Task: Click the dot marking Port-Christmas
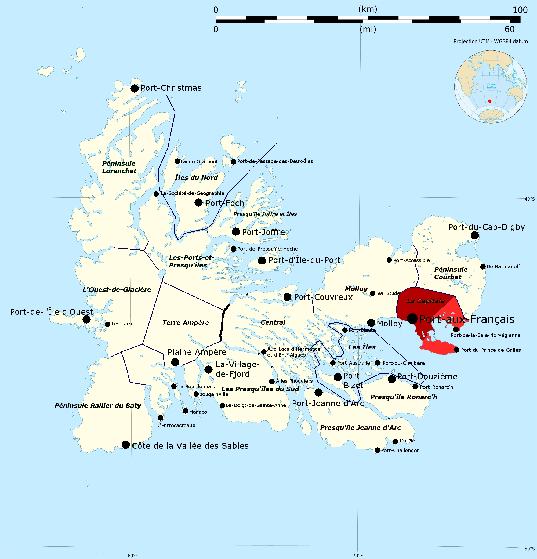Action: coord(135,88)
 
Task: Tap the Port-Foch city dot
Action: coord(198,203)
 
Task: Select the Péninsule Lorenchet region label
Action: coord(119,167)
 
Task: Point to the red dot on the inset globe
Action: coord(490,101)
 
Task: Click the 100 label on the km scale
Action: coord(520,10)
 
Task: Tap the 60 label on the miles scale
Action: coord(509,29)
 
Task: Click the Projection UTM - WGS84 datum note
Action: coord(491,41)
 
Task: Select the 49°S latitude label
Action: coord(529,199)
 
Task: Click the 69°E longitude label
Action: coord(133,556)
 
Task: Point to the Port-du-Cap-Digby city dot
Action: coord(475,235)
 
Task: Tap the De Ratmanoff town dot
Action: coord(483,267)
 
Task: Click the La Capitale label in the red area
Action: coord(426,301)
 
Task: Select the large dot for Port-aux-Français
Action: coord(412,318)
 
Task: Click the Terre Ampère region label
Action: coord(186,322)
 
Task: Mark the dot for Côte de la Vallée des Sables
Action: coord(126,445)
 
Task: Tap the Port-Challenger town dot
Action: coord(377,450)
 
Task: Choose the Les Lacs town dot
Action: coord(107,324)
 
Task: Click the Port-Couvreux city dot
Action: coord(288,297)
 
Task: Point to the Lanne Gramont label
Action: coord(199,162)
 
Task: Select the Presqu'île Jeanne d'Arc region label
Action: coord(361,427)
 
